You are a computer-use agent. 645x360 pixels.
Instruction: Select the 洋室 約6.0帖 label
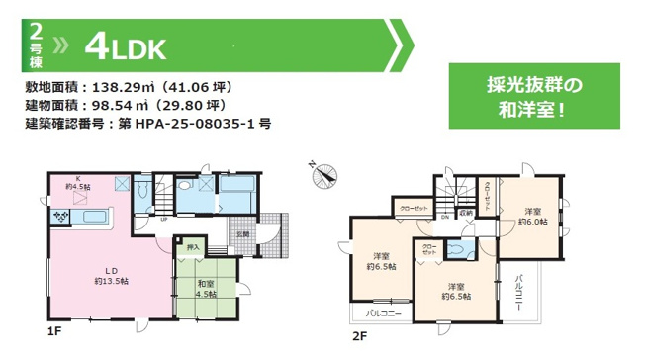pos(534,217)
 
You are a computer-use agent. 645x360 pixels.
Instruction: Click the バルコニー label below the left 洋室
pos(382,313)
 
